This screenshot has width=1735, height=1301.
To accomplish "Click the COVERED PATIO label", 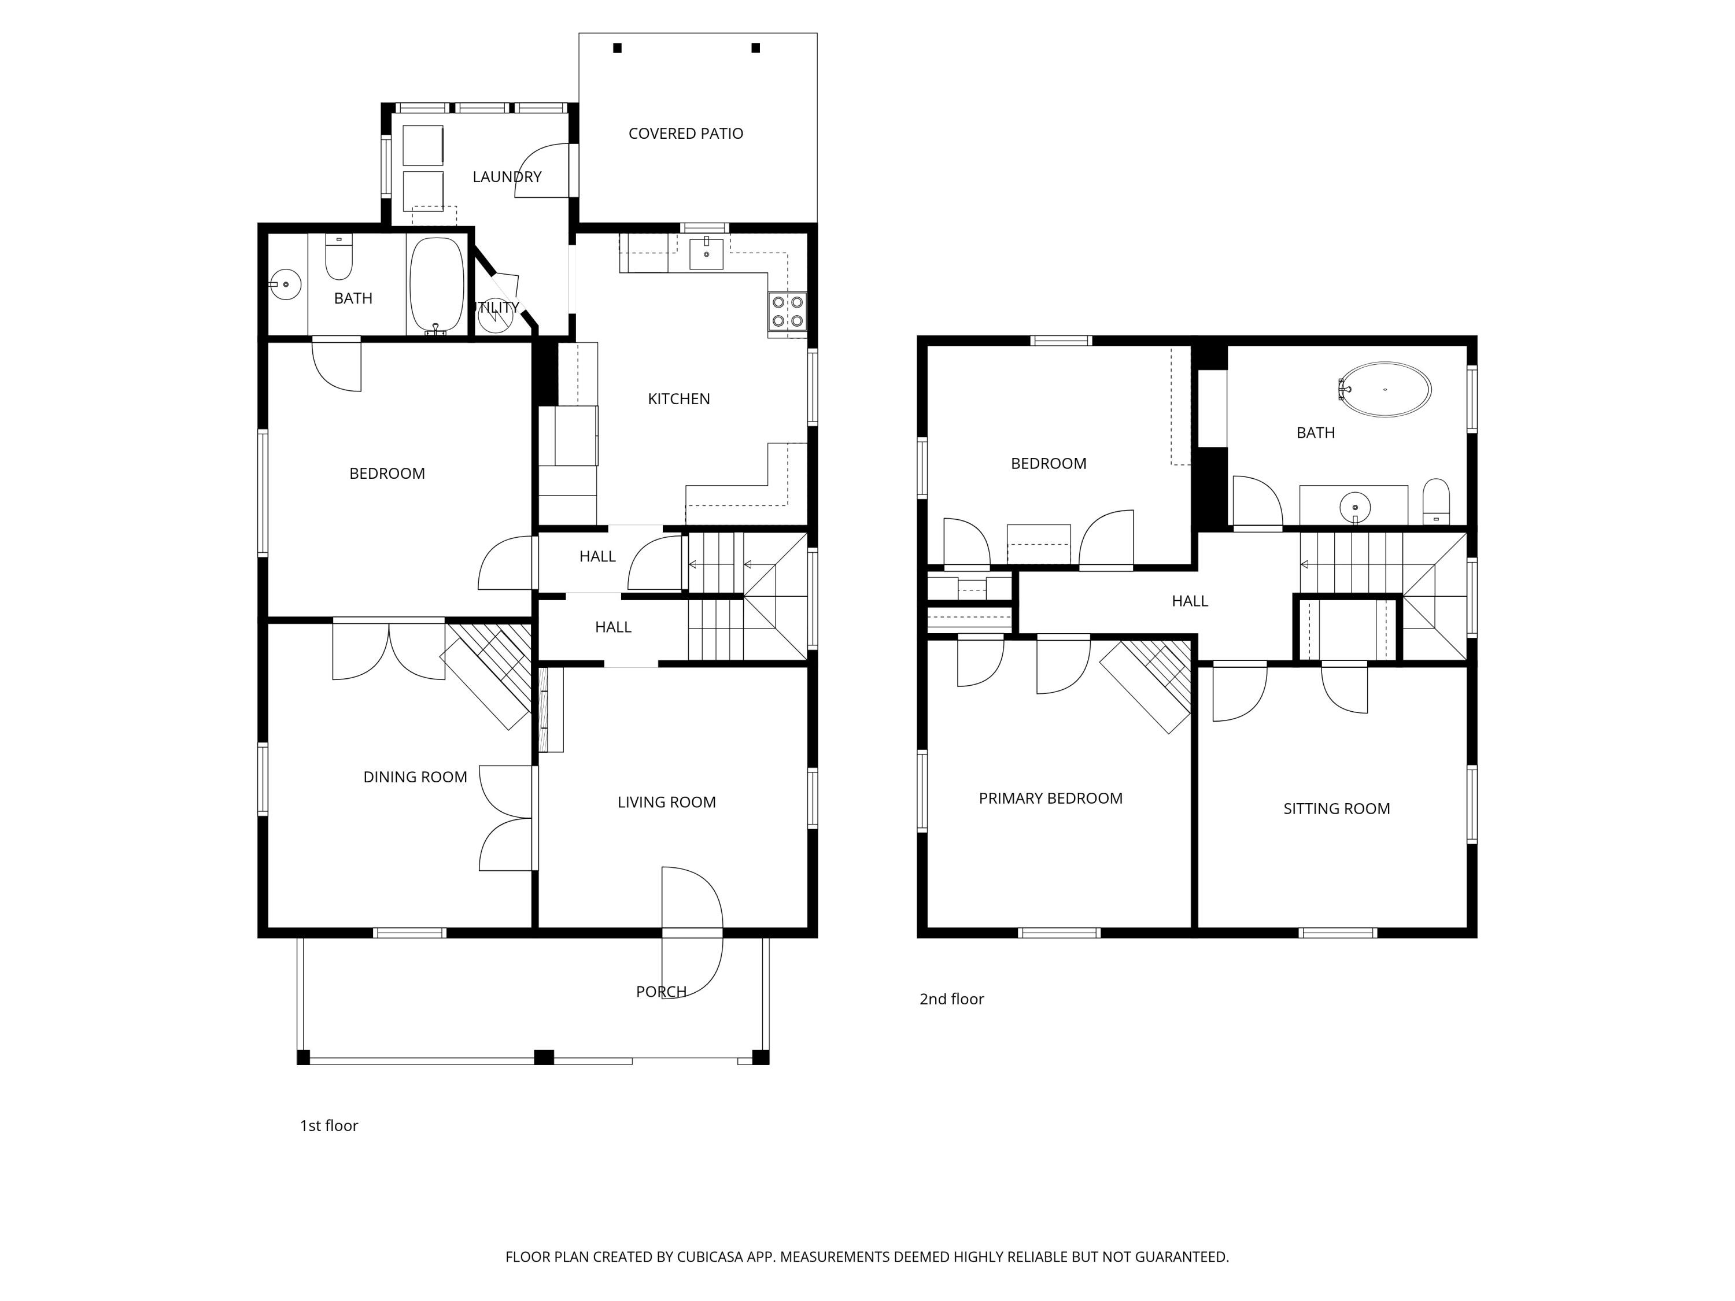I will click(x=685, y=134).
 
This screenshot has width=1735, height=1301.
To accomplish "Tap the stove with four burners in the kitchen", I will click(x=787, y=311).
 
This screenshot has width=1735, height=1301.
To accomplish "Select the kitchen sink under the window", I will click(x=706, y=253).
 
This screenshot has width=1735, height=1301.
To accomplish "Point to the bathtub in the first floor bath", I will click(x=436, y=286).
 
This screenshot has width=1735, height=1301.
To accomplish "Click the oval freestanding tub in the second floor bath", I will click(x=1386, y=389).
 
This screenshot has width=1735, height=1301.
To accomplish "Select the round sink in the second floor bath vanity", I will click(x=1354, y=507).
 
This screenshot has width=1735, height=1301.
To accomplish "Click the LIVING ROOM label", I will click(x=666, y=802).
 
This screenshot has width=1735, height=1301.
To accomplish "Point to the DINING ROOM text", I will click(x=415, y=777).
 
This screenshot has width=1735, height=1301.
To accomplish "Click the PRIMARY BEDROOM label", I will click(x=1050, y=799).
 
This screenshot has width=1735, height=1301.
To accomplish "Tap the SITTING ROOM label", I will click(x=1336, y=808).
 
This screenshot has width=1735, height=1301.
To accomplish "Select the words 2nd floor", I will click(x=951, y=999).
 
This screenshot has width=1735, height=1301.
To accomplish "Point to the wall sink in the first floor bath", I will click(x=286, y=284).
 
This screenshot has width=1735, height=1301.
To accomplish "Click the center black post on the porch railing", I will click(x=544, y=1057).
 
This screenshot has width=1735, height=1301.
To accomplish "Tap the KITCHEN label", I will click(x=678, y=399).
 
